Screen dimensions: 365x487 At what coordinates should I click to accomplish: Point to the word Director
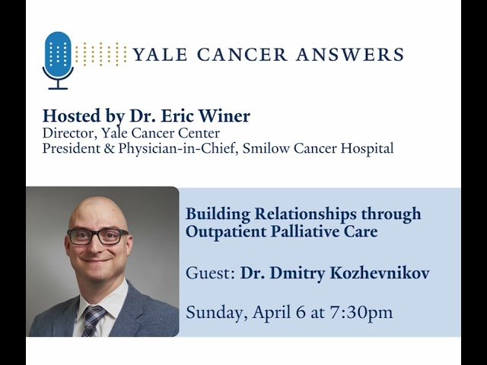pyautogui.click(x=68, y=134)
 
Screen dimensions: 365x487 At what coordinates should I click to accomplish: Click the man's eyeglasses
pyautogui.click(x=98, y=236)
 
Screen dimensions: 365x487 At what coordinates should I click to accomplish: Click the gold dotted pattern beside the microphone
pyautogui.click(x=101, y=54)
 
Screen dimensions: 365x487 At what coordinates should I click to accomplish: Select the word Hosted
pyautogui.click(x=71, y=116)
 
